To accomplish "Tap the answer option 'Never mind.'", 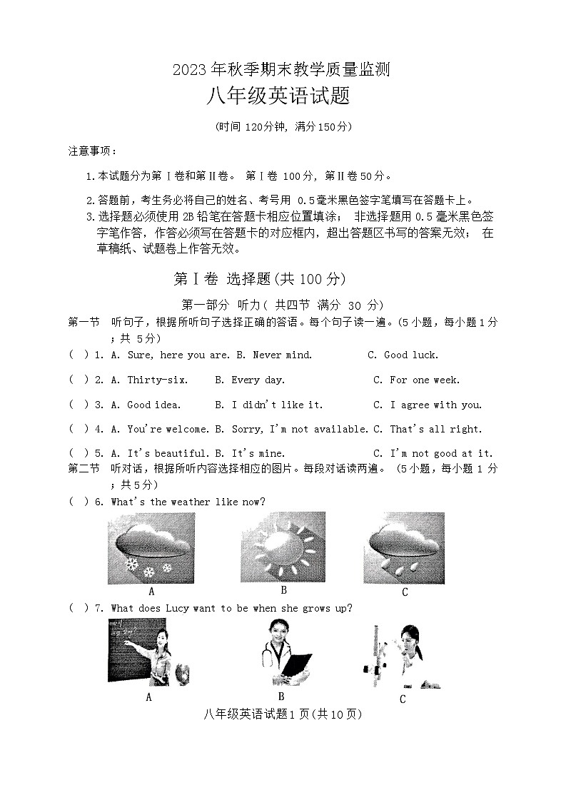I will click(x=282, y=355).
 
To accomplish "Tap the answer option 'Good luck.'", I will click(x=411, y=355).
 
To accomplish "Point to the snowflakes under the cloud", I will click(x=149, y=568).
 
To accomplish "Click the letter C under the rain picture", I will click(x=405, y=592).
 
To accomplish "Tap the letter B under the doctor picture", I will click(x=281, y=697).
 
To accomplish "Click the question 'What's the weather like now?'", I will click(x=188, y=502).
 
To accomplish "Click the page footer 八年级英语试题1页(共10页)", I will click(x=283, y=714).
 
